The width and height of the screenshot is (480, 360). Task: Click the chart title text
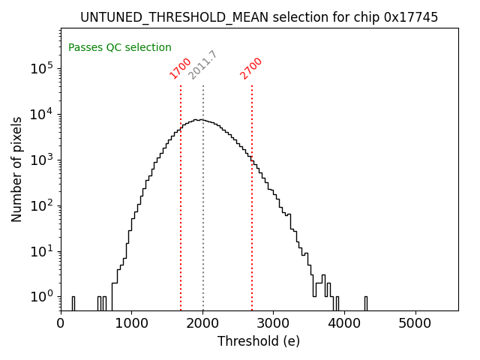click(259, 16)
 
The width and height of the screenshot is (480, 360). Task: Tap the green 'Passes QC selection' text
click(120, 47)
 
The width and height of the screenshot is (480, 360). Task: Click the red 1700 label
click(181, 68)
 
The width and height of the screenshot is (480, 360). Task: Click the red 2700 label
click(251, 68)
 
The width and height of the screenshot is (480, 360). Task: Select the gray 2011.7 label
click(202, 64)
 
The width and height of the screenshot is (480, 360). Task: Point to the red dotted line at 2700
click(252, 225)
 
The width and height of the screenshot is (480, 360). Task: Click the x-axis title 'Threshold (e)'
click(259, 341)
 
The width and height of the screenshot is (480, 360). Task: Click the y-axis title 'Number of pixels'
click(17, 169)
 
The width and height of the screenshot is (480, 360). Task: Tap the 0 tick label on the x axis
click(61, 323)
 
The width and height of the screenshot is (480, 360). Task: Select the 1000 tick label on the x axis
click(131, 323)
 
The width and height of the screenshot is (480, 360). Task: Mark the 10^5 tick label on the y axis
click(42, 69)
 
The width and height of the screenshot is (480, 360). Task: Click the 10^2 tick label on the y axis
click(42, 205)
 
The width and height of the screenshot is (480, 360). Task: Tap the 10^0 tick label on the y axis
click(42, 297)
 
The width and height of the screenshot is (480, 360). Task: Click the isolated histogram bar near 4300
click(366, 303)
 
